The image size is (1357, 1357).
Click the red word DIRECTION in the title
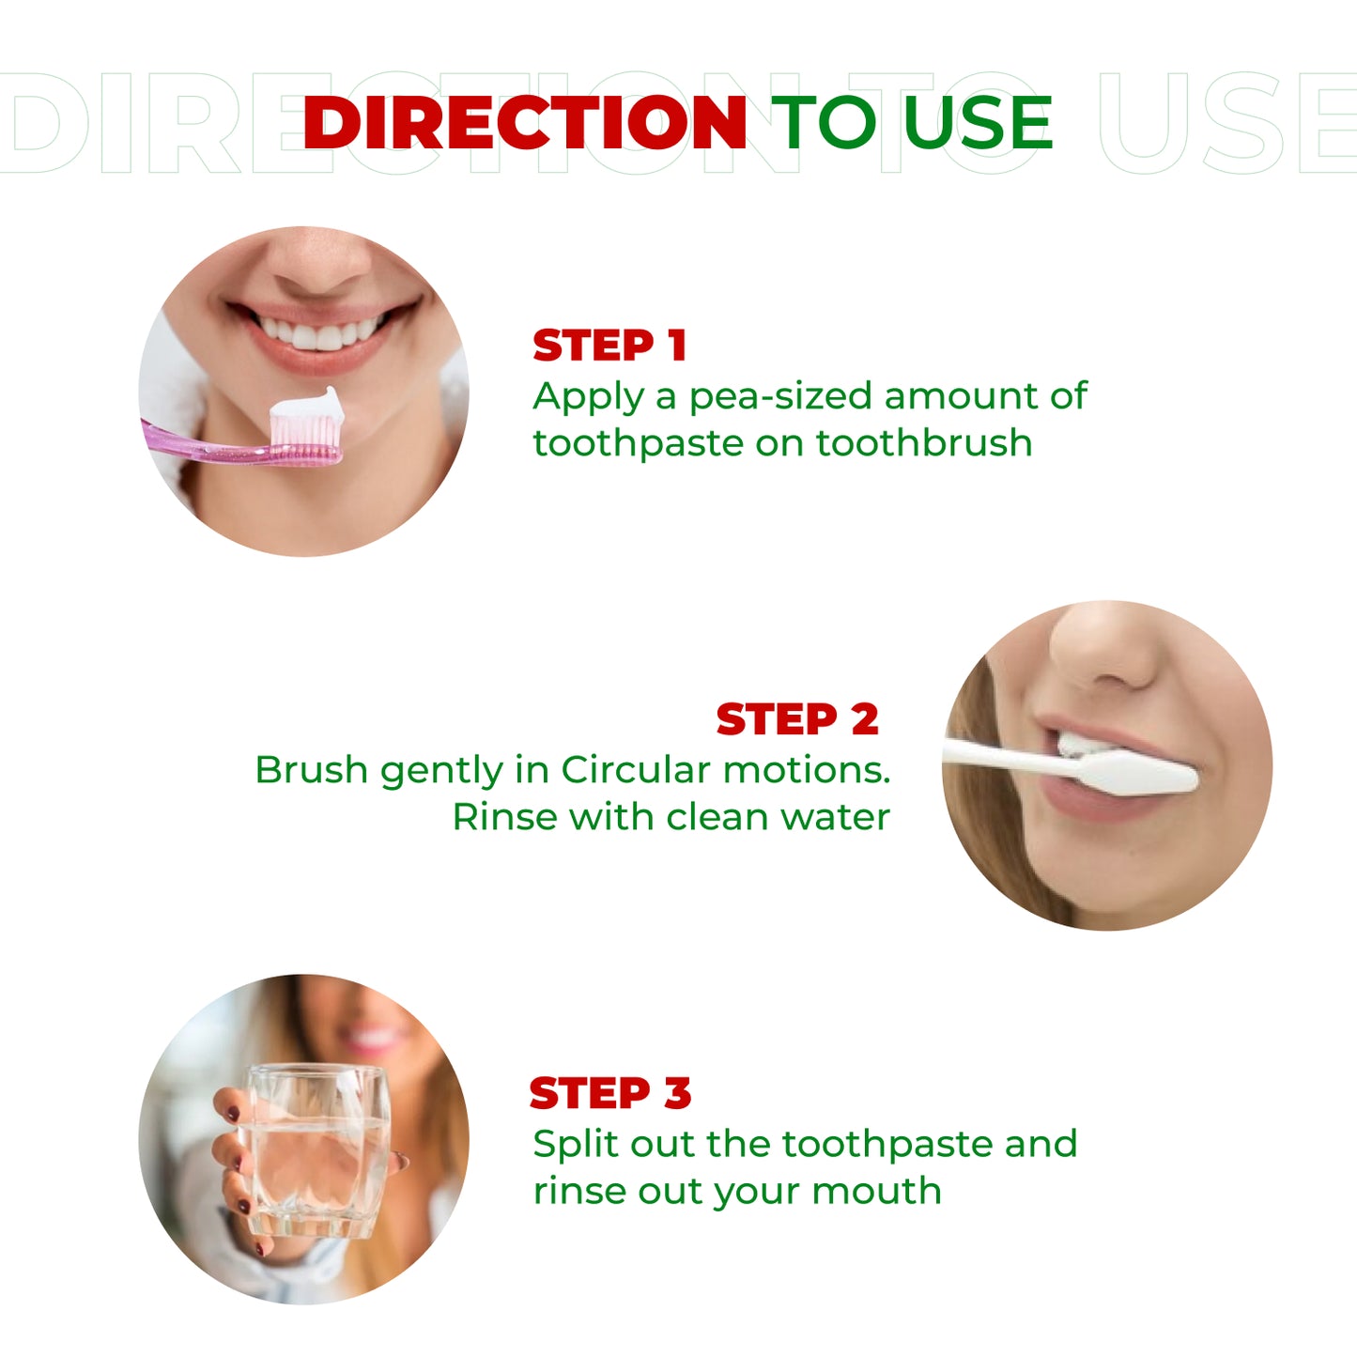click(525, 122)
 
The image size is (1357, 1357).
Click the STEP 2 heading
click(797, 719)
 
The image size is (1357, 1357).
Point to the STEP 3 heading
click(610, 1093)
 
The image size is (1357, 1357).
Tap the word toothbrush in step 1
click(924, 443)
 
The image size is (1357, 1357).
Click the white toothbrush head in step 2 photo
click(1136, 773)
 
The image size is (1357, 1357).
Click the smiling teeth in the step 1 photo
click(318, 332)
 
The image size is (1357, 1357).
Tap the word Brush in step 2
click(311, 770)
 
